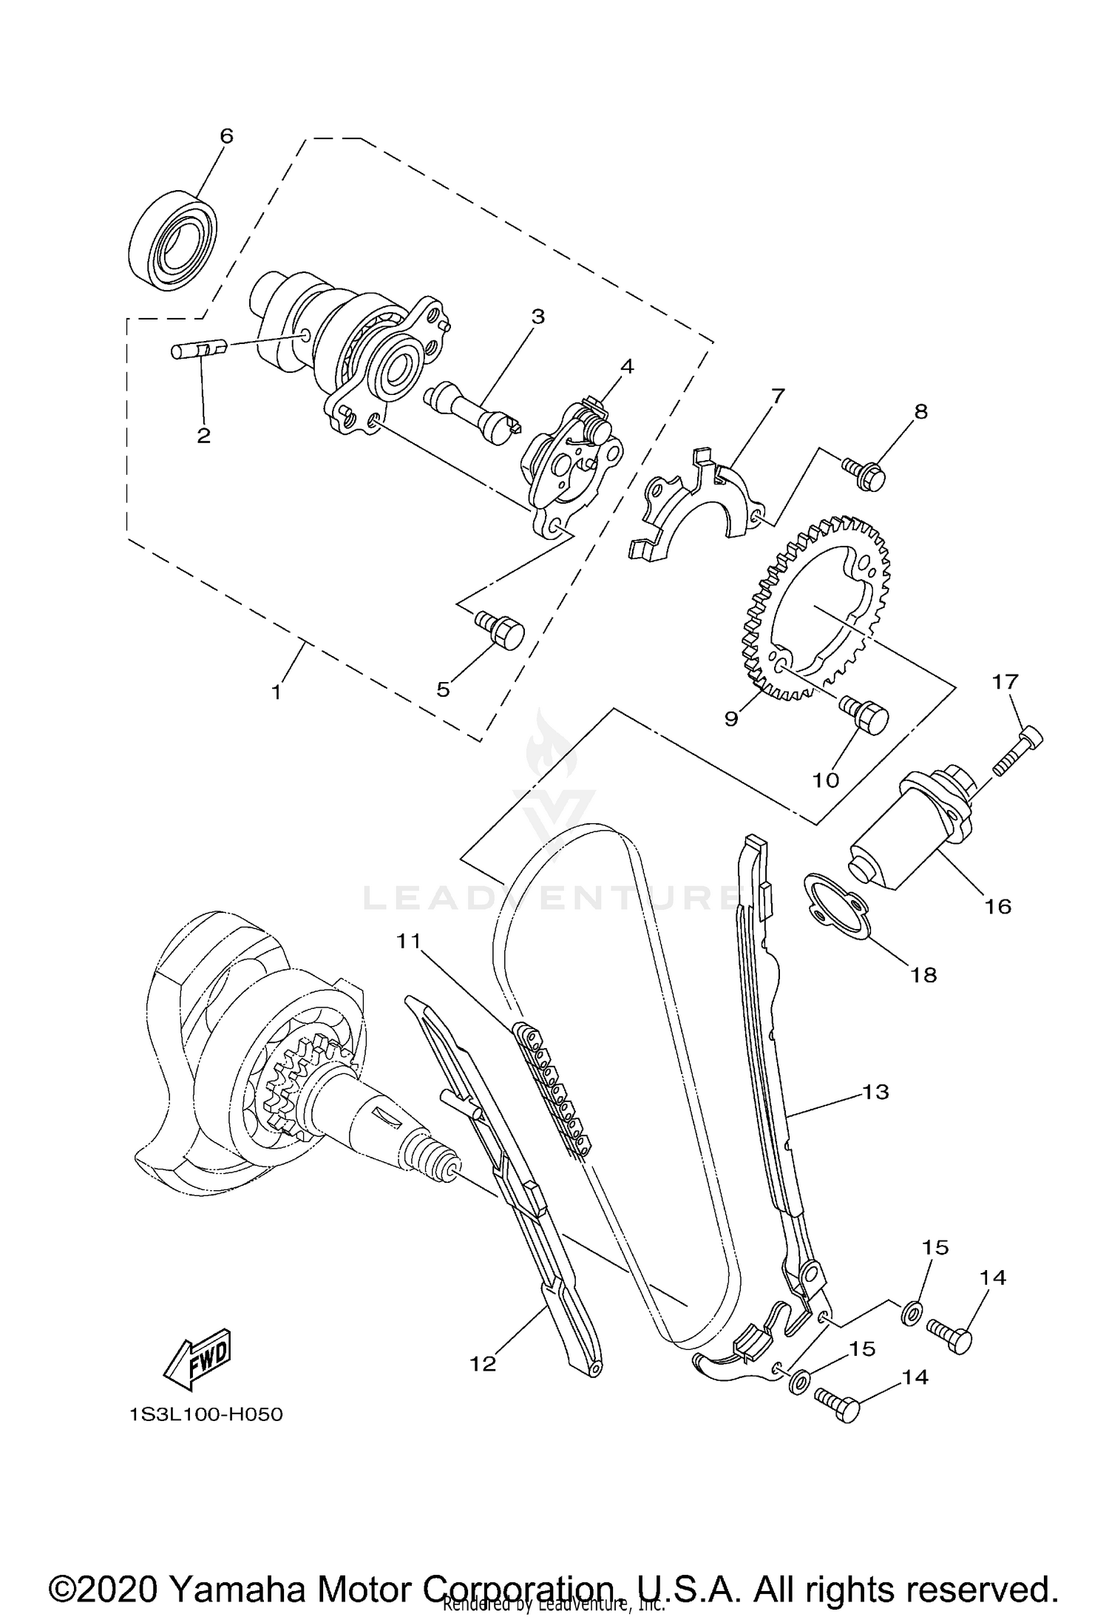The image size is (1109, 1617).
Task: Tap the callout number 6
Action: (x=226, y=136)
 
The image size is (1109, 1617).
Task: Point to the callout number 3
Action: (x=537, y=317)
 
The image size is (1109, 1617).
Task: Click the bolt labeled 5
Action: (x=503, y=630)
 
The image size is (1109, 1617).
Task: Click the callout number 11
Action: (x=408, y=941)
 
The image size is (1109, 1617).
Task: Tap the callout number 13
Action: (x=875, y=1092)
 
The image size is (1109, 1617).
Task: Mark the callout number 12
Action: (x=484, y=1363)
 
